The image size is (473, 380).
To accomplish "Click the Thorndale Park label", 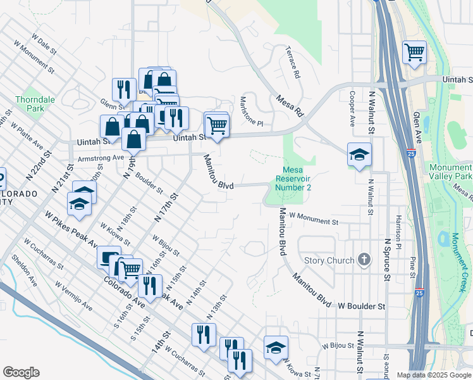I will [x=35, y=104].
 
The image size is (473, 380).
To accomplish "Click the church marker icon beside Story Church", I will [x=364, y=259].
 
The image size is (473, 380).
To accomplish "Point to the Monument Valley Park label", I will [x=450, y=172].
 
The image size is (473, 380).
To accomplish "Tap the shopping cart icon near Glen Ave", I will [x=414, y=53].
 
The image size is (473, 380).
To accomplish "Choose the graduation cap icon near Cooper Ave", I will [x=359, y=155].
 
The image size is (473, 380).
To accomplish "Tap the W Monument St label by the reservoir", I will [x=314, y=219].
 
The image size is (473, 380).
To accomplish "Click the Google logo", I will [x=21, y=372].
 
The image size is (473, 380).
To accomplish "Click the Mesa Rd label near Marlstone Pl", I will [x=290, y=106].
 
